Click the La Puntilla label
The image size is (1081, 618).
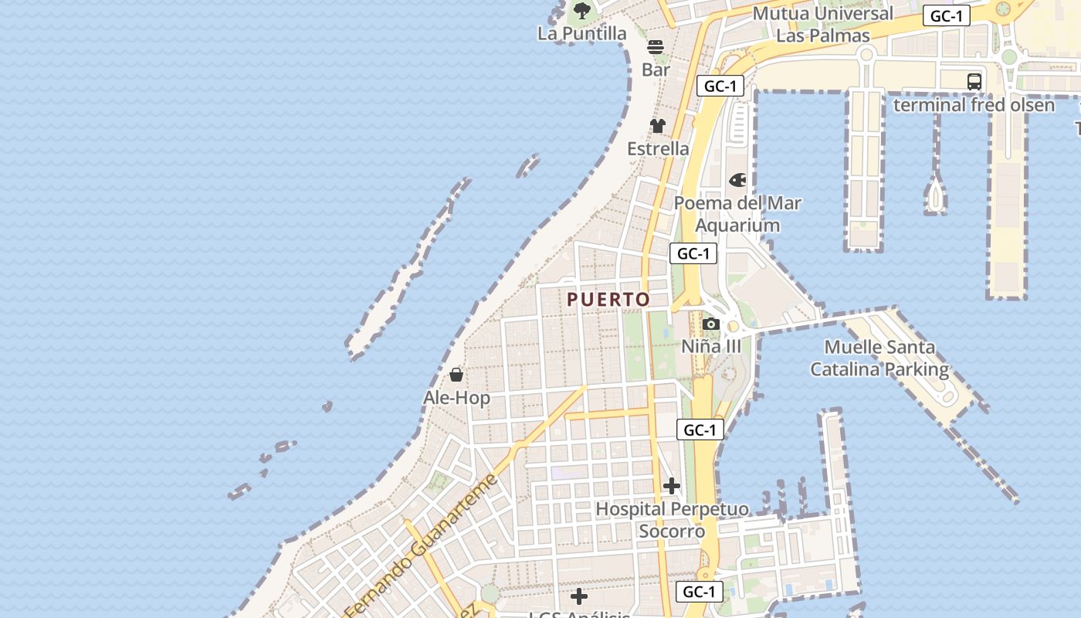coord(581,33)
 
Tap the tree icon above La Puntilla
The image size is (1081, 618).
coord(582,11)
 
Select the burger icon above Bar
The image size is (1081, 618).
coord(656,47)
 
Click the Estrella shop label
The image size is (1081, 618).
coord(658,148)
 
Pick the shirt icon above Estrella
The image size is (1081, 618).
coord(658,126)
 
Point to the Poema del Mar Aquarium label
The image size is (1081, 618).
coord(737,214)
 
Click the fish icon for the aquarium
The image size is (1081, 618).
coord(738,180)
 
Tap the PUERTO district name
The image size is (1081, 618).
coord(608,299)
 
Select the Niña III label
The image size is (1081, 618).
coord(710,346)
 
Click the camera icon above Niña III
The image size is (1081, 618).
coord(711,324)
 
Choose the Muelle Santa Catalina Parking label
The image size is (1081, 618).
coord(879,358)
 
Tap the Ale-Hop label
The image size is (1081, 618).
coord(456,398)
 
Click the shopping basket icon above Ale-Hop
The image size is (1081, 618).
coord(456,375)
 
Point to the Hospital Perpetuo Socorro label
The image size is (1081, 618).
coord(672,520)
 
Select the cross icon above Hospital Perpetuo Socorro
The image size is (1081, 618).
coord(672,486)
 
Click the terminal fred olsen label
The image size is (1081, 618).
coord(974,104)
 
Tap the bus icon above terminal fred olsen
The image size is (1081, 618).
coord(974,81)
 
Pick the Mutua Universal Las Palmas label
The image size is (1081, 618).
coord(822,24)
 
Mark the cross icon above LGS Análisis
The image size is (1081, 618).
coord(579,596)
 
